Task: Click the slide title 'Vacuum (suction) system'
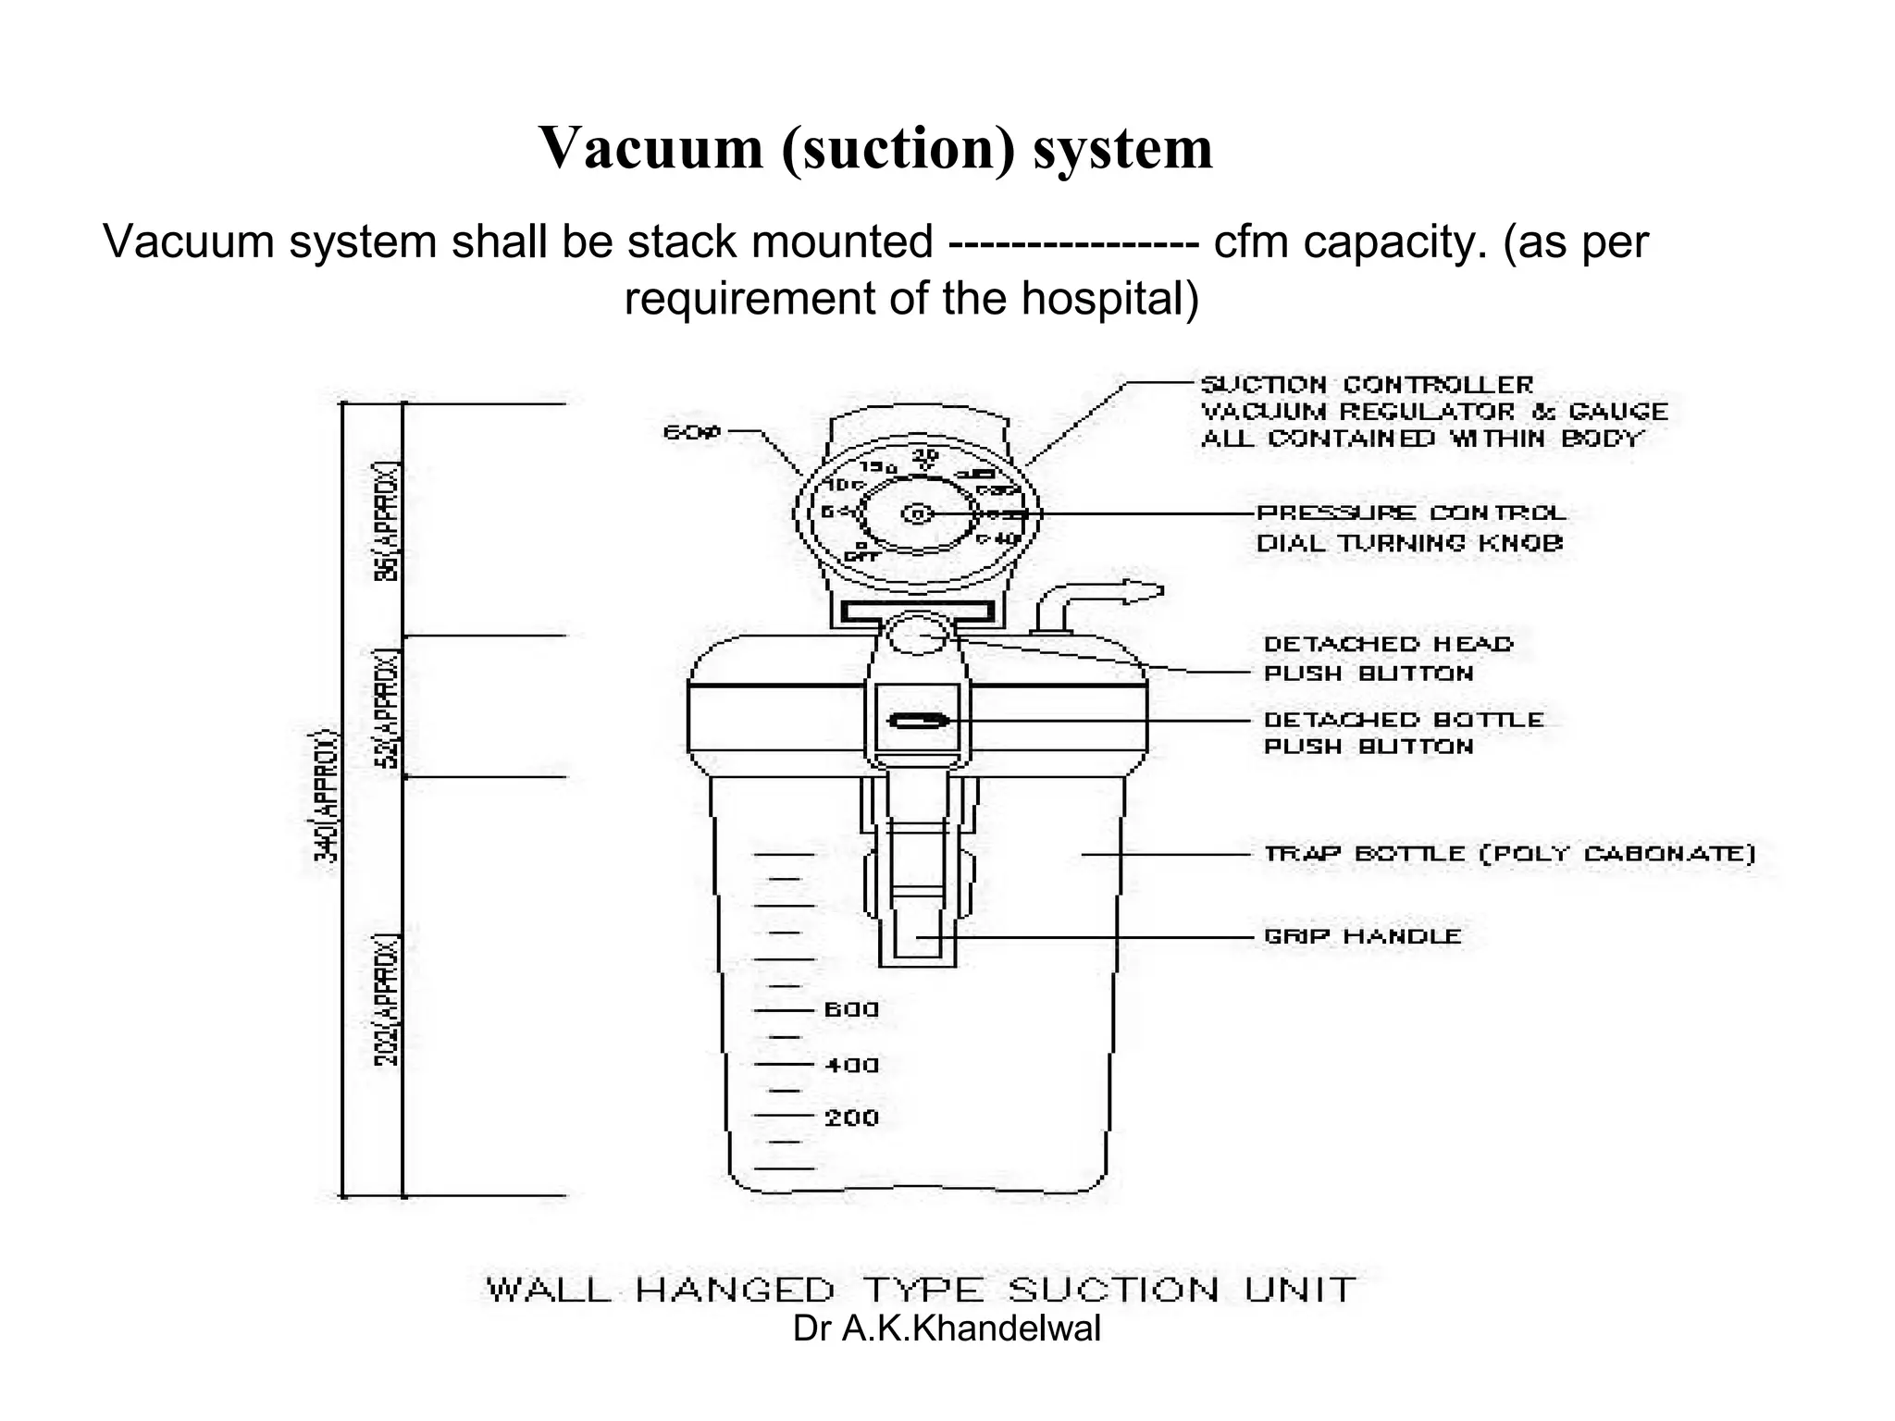pos(875,148)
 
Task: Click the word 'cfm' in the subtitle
pos(1247,242)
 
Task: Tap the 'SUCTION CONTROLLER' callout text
pos(1366,385)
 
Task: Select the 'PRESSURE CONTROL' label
pos(1410,513)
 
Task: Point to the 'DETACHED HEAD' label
pos(1388,644)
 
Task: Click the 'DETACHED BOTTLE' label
pos(1403,720)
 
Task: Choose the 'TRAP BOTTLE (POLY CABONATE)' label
pos(1508,854)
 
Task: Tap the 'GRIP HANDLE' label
pos(1362,936)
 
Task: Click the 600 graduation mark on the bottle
pos(850,1010)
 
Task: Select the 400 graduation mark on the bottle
pos(850,1066)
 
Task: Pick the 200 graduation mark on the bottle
pos(850,1118)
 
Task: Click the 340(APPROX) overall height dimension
pos(327,797)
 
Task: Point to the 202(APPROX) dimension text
pos(388,1001)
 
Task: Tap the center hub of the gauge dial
pos(917,513)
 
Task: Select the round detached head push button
pos(917,636)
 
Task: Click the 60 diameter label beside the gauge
pos(691,432)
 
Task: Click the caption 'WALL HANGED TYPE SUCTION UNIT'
pos(921,1289)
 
